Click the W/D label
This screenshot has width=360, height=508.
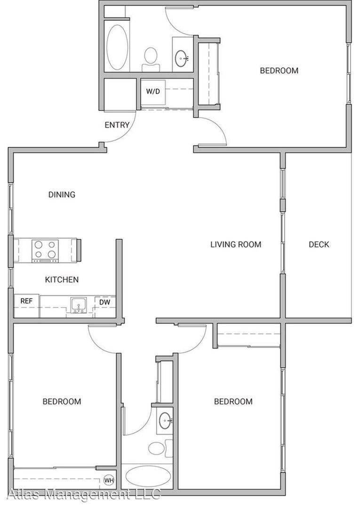point(153,91)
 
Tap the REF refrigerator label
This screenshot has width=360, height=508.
point(26,301)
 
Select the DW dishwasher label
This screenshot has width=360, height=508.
point(104,302)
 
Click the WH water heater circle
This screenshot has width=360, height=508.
point(109,480)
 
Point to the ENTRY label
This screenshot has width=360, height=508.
point(117,125)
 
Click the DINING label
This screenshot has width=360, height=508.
point(62,194)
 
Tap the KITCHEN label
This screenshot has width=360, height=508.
point(62,279)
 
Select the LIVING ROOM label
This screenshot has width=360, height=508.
point(236,244)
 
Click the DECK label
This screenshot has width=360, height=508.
point(319,244)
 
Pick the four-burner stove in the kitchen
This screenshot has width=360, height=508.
point(45,251)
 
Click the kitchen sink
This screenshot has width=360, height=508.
point(79,306)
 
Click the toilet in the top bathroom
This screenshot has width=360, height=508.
point(151,59)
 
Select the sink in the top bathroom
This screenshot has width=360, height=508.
point(182,58)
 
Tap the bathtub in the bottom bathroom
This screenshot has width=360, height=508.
point(148,476)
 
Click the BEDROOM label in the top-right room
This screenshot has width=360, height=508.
point(280,70)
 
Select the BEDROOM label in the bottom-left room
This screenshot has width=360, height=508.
point(62,401)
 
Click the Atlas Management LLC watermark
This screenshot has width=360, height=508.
point(84,495)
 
